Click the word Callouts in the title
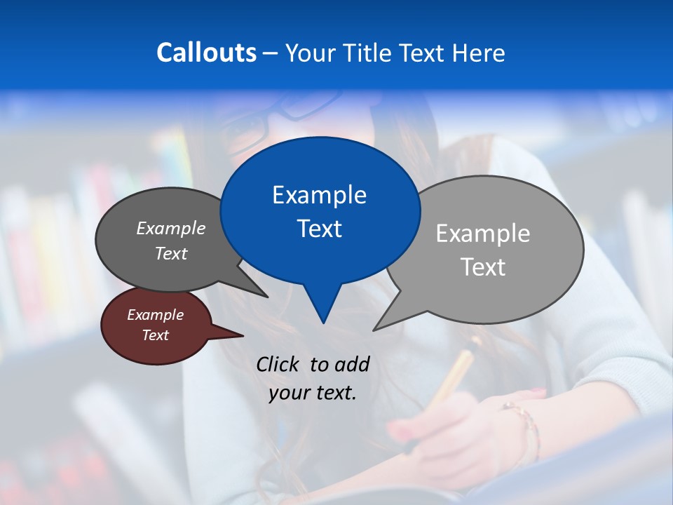click(206, 53)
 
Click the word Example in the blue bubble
click(319, 195)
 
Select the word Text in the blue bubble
click(319, 229)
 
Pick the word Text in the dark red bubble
click(156, 335)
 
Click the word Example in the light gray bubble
click(483, 234)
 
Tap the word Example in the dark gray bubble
click(171, 228)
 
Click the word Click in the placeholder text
click(278, 364)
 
